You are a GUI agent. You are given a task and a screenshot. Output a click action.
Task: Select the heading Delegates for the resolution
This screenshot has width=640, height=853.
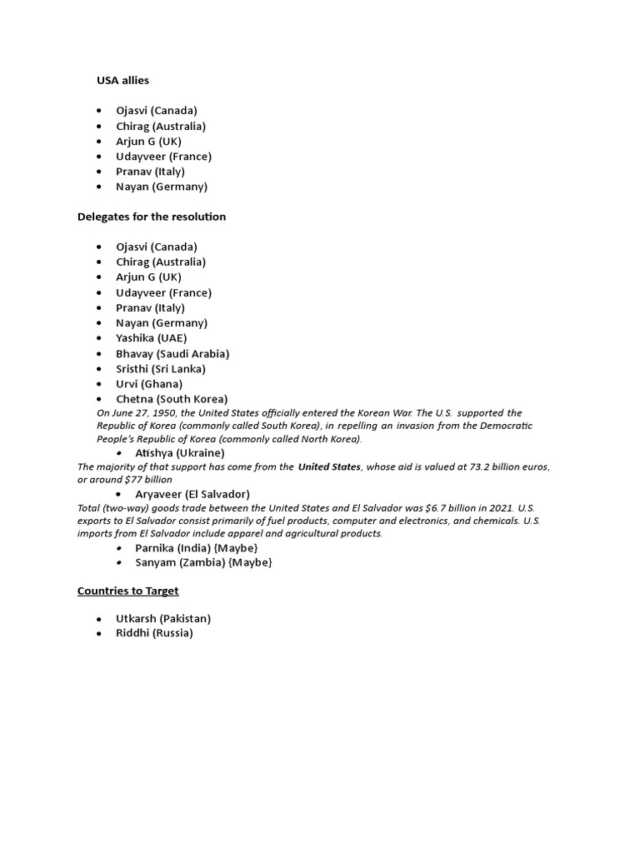tap(151, 217)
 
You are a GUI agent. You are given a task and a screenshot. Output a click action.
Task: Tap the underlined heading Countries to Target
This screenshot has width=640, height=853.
tap(127, 591)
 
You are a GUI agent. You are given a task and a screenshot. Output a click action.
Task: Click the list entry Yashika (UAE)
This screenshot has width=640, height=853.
tap(151, 338)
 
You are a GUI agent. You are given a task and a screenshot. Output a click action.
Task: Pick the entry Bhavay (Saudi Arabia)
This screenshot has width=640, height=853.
tap(172, 353)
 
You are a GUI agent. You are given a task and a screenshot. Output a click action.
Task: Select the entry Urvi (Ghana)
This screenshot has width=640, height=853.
tap(148, 384)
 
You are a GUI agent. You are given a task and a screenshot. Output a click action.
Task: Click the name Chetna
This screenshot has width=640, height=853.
tap(134, 399)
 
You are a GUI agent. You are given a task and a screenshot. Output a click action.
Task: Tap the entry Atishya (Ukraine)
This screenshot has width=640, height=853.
tap(179, 452)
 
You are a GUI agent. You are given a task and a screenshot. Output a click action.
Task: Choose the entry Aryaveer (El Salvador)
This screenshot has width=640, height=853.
tap(192, 494)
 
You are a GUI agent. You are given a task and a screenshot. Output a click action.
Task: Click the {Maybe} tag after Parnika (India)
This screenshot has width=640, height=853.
tap(235, 547)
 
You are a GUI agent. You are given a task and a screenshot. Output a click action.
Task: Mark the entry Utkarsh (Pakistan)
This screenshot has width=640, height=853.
tap(162, 618)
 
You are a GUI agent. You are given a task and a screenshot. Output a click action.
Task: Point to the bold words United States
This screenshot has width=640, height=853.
tap(329, 467)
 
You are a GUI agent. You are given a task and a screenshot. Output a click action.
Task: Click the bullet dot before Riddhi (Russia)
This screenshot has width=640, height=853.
tap(98, 633)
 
